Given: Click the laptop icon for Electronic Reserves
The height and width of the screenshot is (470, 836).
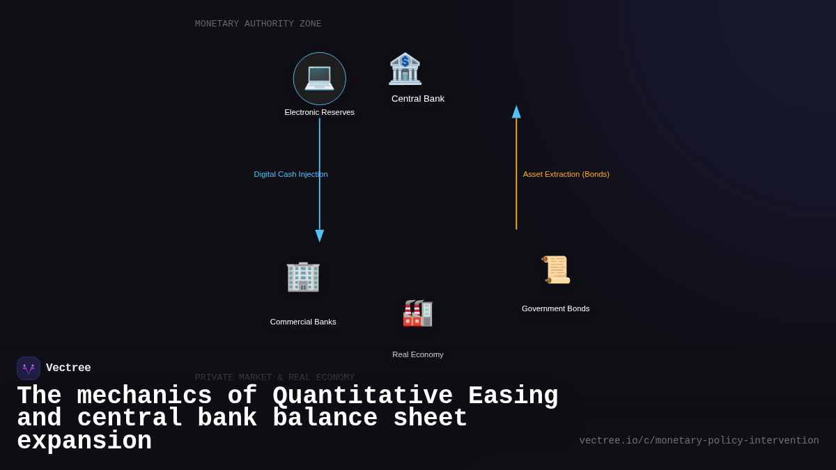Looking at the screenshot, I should point(319,78).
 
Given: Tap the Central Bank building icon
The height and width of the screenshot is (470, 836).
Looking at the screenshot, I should point(405,69).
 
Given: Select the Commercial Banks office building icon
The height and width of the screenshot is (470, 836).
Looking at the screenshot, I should point(303,276).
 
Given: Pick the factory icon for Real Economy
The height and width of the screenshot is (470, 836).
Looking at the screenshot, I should point(417,313).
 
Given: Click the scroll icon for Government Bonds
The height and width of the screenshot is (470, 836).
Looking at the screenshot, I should point(556,269).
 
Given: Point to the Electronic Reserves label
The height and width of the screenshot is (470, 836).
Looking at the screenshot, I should point(319,112).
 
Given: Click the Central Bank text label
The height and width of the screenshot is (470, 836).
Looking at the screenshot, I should point(417,99).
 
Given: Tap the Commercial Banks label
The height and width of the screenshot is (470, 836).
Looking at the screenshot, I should point(303,322).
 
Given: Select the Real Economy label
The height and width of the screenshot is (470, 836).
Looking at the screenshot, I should point(417,354).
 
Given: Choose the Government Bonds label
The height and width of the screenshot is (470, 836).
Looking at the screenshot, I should point(555,308).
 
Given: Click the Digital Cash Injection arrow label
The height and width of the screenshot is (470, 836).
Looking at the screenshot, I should point(291,174).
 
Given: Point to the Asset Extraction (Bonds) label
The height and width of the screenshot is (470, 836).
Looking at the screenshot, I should point(566,174).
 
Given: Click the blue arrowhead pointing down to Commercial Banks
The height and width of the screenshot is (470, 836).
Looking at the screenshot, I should point(320,235).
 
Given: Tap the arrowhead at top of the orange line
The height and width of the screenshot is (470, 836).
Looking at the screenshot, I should point(516,112).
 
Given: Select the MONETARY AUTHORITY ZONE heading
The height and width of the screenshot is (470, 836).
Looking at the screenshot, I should point(258,24).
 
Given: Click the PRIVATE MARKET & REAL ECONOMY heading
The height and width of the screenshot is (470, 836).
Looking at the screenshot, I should point(274,377).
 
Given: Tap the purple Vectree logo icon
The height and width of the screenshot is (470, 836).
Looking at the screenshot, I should point(29,368).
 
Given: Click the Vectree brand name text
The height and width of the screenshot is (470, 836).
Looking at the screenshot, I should point(68,368).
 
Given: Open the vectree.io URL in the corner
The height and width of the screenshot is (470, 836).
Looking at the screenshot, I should point(699,441).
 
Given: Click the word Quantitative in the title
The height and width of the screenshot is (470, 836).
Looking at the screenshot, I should point(362,396).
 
